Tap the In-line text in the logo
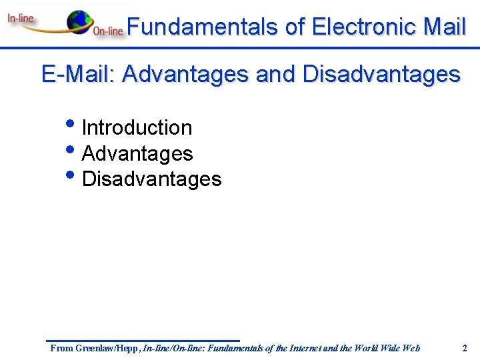pos(21,19)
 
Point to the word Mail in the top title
pos(444,27)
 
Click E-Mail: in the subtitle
pos(79,74)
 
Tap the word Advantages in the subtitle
pos(187,74)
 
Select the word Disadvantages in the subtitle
pos(381,74)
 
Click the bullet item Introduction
pos(137,127)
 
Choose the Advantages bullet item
pos(137,153)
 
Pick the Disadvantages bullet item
pos(151,179)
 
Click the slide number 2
pos(465,347)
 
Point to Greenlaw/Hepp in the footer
pos(106,347)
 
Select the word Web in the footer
pos(411,347)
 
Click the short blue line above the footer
pos(143,341)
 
